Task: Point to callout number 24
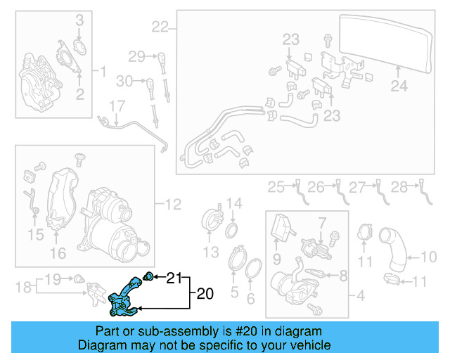pyautogui.click(x=399, y=86)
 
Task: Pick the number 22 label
pyautogui.click(x=160, y=27)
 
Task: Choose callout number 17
pyautogui.click(x=115, y=106)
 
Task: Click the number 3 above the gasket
pyautogui.click(x=79, y=20)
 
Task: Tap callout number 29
pyautogui.click(x=136, y=56)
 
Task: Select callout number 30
pyautogui.click(x=124, y=81)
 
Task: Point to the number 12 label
pyautogui.click(x=173, y=205)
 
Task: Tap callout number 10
pyautogui.click(x=428, y=257)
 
